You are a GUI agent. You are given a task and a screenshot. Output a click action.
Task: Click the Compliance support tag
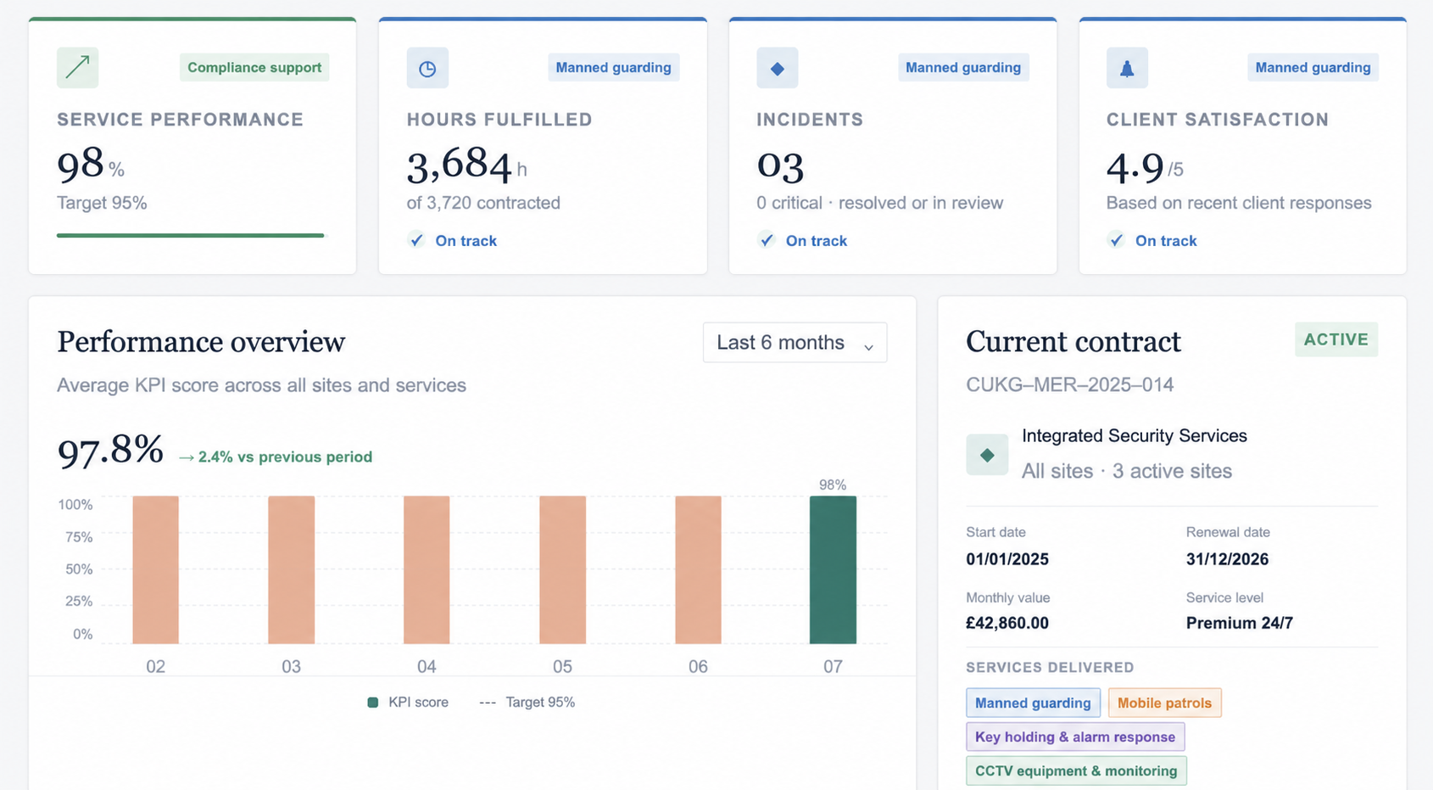[x=254, y=67]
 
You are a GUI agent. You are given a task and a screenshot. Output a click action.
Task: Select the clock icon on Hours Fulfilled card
[x=427, y=69]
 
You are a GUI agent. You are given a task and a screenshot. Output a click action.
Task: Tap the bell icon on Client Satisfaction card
[x=1127, y=69]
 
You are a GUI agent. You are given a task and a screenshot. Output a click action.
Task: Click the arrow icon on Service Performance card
[x=77, y=67]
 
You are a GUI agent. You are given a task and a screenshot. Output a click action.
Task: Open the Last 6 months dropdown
[x=795, y=343]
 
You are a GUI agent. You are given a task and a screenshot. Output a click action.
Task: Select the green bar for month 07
[x=833, y=569]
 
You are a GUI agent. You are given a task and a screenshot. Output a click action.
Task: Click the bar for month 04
[x=427, y=569]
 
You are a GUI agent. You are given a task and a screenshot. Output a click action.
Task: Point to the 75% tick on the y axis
[x=79, y=537]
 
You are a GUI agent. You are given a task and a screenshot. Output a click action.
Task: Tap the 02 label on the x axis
[x=155, y=666]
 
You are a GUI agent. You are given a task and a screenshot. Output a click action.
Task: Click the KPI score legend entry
[x=408, y=703]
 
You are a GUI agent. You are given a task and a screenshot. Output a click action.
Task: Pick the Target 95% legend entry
[x=527, y=703]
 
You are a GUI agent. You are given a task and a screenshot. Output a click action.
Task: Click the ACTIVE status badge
[x=1336, y=339]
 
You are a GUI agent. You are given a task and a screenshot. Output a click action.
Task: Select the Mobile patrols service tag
[x=1164, y=703]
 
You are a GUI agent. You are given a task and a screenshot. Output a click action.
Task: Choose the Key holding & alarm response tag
[x=1075, y=737]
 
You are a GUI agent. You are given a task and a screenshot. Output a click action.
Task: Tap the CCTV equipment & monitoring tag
[x=1076, y=770]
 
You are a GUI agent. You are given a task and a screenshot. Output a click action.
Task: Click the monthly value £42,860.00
[x=1007, y=623]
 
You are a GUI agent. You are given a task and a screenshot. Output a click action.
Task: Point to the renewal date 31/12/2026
[x=1227, y=559]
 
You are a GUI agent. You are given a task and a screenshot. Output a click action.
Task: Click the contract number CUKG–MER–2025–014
[x=1069, y=384]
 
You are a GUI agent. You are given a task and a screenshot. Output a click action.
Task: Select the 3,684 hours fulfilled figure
[x=459, y=165]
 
